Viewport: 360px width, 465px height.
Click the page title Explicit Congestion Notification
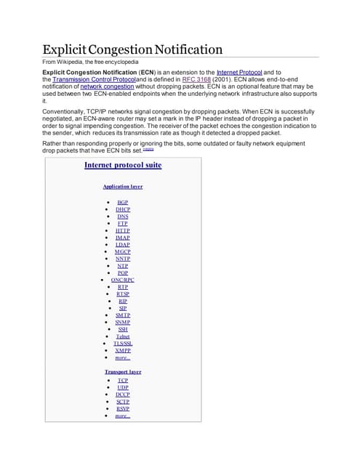click(x=132, y=50)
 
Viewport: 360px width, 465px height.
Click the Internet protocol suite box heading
click(x=123, y=165)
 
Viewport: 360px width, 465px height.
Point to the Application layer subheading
click(x=122, y=187)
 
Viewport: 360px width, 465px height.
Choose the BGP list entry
click(x=123, y=201)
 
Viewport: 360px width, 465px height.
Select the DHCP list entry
click(x=123, y=209)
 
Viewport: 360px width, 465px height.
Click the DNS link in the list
click(x=123, y=216)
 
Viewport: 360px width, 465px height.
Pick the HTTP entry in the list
click(x=123, y=230)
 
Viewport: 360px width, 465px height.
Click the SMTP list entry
click(x=123, y=315)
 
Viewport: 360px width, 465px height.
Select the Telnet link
click(x=123, y=336)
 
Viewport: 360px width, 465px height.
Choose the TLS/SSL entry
click(x=123, y=344)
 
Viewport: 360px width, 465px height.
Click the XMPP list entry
click(x=123, y=350)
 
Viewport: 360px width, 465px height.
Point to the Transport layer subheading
click(x=123, y=372)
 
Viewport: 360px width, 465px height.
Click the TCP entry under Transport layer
click(x=123, y=380)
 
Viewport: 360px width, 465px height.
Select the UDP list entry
click(x=123, y=387)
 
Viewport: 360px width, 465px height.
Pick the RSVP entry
click(x=123, y=408)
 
